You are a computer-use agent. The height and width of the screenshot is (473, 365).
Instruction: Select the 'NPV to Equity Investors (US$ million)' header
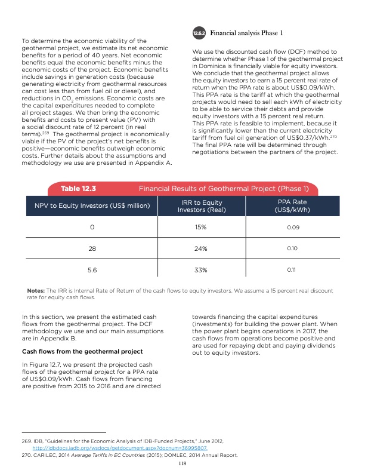[91, 207]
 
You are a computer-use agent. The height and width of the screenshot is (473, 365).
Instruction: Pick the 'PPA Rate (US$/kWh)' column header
[292, 207]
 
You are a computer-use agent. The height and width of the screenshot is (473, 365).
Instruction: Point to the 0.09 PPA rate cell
[292, 228]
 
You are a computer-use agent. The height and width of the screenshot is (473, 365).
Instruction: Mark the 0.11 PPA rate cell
[292, 270]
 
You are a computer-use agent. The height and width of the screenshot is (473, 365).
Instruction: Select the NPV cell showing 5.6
[91, 270]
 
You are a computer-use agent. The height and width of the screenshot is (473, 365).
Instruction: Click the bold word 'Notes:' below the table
[38, 291]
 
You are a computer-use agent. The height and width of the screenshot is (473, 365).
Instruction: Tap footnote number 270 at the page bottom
[29, 455]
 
